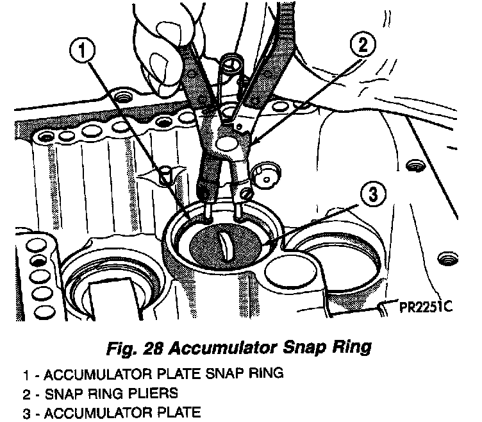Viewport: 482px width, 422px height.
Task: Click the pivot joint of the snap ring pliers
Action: pyautogui.click(x=226, y=139)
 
